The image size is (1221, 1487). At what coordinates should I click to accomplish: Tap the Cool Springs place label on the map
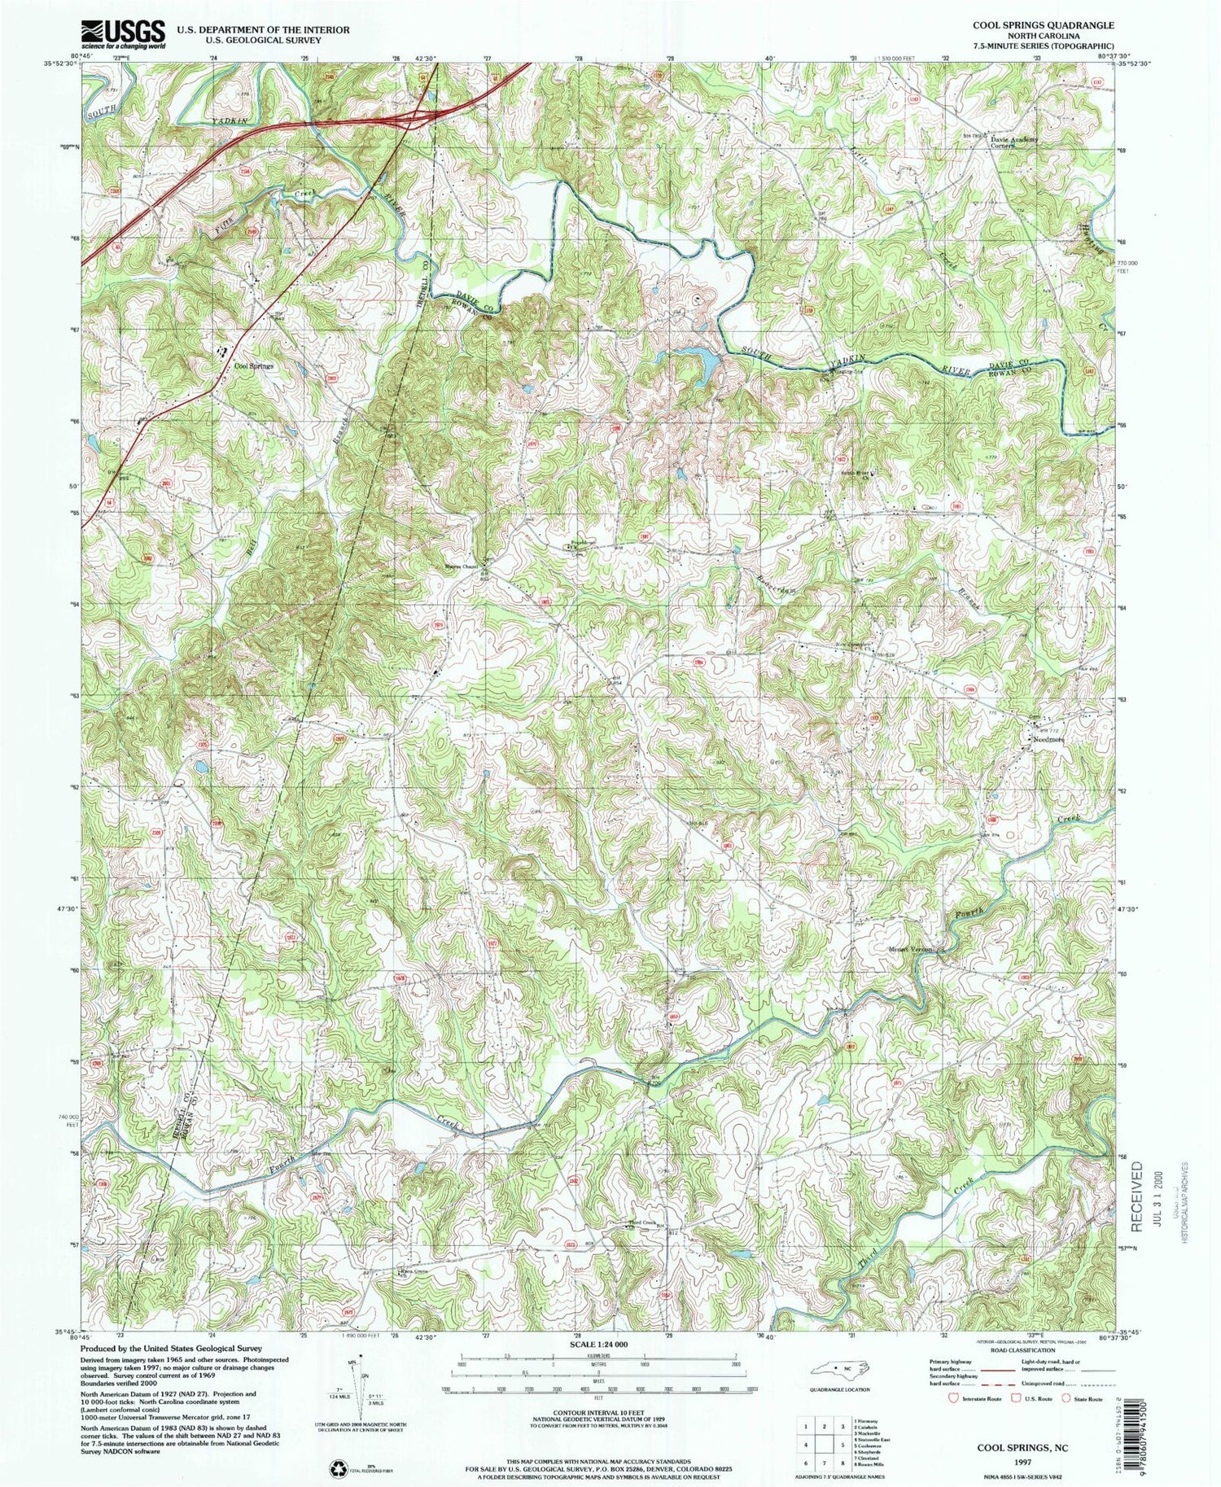[253, 366]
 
